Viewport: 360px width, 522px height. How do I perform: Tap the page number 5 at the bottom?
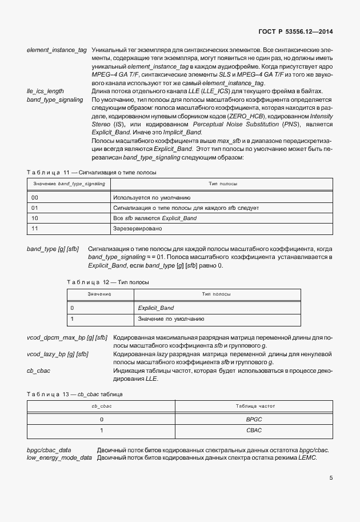point(331,478)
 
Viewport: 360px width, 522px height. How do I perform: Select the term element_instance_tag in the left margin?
point(57,50)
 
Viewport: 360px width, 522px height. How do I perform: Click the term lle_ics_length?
point(45,91)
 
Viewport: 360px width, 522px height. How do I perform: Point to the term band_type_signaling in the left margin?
point(54,99)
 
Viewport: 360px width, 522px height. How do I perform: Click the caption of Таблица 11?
point(91,172)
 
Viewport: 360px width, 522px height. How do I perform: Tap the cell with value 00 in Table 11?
point(35,197)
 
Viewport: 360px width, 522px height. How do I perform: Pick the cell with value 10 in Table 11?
point(35,218)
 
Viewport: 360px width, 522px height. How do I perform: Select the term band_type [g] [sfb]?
point(53,249)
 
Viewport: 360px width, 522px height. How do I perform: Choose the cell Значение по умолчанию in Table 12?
point(171,319)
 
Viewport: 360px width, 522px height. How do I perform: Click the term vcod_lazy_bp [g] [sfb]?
point(58,354)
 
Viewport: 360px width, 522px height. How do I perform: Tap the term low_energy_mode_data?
point(59,458)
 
